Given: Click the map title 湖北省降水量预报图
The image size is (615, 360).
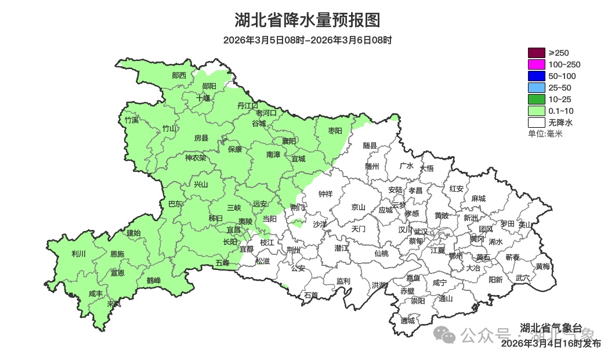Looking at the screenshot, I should [307, 20].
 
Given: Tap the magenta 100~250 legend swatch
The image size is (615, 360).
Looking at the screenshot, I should [536, 64].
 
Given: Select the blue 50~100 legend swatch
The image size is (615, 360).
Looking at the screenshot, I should [536, 76].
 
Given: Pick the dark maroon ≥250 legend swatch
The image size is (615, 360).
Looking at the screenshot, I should [536, 53].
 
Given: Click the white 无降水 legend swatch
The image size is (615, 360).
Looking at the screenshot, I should [536, 123].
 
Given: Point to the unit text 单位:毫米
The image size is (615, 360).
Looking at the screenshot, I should [545, 134].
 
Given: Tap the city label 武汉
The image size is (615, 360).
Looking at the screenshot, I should [419, 232].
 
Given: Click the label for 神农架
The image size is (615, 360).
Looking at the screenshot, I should [196, 157].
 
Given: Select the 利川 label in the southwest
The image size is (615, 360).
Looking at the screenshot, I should [78, 254].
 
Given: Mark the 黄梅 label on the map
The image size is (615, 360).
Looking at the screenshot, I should [543, 267].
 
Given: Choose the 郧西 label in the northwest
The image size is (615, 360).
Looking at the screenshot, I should [179, 75].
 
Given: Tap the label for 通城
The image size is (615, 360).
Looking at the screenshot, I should [408, 321].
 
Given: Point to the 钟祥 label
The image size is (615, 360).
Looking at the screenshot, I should [325, 194].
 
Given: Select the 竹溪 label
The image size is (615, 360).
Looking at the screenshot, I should [132, 120].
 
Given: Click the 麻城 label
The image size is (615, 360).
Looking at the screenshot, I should [478, 199].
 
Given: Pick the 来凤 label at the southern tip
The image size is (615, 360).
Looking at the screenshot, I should [114, 303].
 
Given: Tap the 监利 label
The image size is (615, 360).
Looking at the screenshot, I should [343, 281].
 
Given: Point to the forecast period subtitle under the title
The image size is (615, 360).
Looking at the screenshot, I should [307, 41].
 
